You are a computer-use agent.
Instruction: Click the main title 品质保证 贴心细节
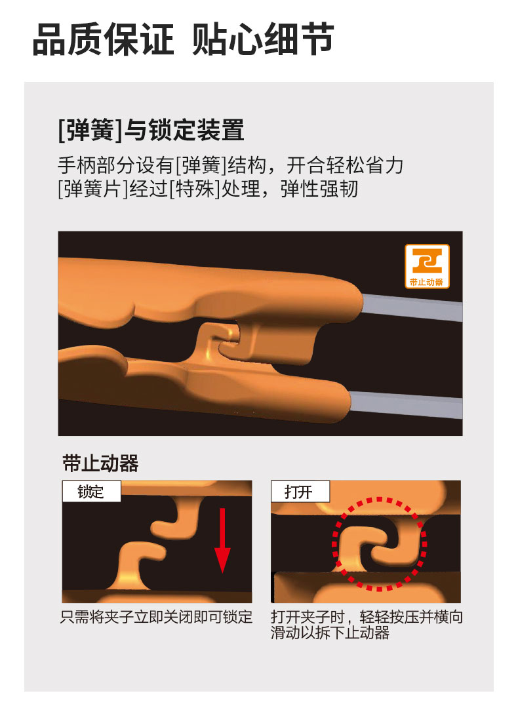click(x=184, y=39)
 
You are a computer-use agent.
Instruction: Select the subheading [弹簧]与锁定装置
click(x=151, y=130)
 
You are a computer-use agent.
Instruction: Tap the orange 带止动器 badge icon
click(x=427, y=266)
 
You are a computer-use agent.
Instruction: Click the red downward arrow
click(x=222, y=540)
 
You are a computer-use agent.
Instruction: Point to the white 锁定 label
click(x=91, y=491)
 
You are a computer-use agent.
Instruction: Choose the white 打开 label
click(x=300, y=491)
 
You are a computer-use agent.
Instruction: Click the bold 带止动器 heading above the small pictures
click(x=100, y=463)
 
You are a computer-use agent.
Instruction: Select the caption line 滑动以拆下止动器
click(x=330, y=633)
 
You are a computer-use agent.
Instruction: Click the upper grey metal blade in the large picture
click(x=412, y=307)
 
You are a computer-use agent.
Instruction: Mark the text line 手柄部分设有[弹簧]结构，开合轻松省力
click(x=230, y=165)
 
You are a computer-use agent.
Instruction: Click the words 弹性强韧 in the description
click(x=319, y=189)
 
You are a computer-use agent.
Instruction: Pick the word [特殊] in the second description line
click(x=195, y=189)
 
